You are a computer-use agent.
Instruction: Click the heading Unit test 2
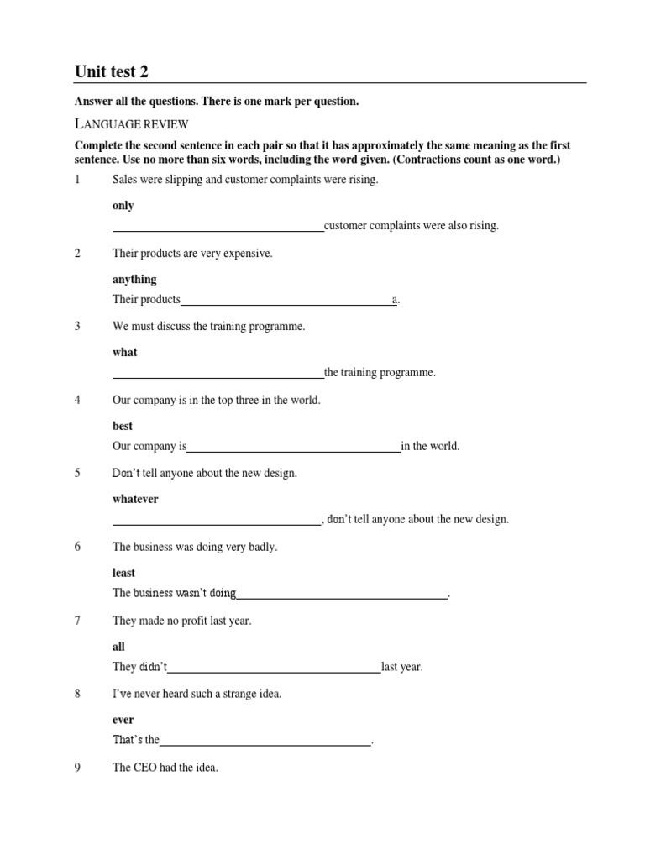pos(112,72)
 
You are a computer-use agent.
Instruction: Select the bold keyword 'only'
pos(123,206)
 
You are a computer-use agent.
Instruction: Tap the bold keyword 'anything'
pos(134,279)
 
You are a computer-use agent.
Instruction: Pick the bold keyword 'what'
pos(124,353)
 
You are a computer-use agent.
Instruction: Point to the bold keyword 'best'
pos(123,426)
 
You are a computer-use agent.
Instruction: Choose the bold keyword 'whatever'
pos(135,499)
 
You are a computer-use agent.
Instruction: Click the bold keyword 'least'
pos(123,573)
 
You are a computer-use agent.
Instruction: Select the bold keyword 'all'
pos(118,647)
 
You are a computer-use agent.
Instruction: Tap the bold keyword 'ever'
pos(123,720)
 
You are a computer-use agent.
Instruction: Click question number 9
pos(77,768)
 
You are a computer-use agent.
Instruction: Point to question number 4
pos(77,401)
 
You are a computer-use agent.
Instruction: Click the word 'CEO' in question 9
pos(145,768)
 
